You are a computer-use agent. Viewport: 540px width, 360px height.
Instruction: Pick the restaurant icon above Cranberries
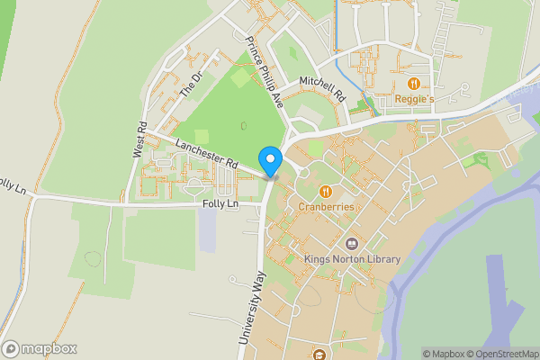(x=324, y=191)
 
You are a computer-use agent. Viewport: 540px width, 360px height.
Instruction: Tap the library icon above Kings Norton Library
(x=351, y=244)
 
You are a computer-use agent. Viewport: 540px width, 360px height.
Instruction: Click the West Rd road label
(x=139, y=140)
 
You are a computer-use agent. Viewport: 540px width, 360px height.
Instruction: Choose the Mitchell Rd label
(x=323, y=87)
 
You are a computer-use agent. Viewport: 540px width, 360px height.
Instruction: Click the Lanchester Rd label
(x=206, y=154)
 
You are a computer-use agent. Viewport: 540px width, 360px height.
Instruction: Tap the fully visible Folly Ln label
(x=220, y=205)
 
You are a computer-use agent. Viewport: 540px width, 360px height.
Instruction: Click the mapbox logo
(x=40, y=348)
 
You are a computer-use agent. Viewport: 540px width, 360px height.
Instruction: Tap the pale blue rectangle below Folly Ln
(x=208, y=230)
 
